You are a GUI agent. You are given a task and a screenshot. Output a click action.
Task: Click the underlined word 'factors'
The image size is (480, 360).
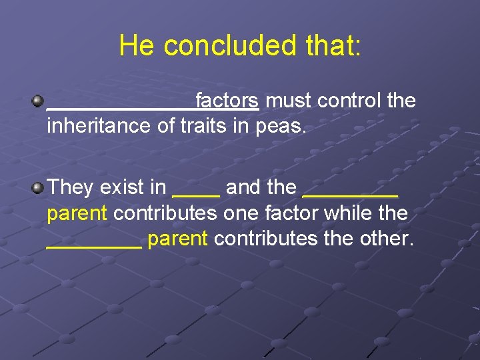227,101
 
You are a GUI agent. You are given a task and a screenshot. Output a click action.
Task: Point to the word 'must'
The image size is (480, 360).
288,101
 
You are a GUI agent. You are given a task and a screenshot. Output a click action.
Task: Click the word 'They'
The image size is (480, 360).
71,187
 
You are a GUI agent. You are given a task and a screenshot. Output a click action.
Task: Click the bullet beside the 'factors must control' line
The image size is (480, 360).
38,101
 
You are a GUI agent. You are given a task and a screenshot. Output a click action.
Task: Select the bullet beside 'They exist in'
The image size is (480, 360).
38,187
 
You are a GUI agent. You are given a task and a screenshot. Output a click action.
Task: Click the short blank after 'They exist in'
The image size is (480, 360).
196,194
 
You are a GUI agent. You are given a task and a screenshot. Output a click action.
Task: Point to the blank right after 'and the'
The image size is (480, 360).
350,194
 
